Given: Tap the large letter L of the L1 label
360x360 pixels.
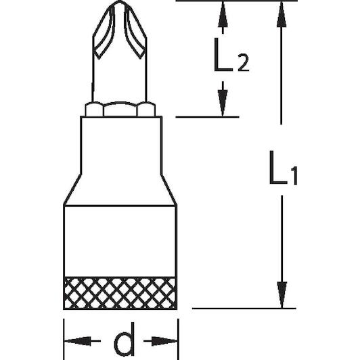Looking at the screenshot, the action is tap(278, 168).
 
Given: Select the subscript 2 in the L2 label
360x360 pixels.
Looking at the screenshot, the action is tap(244, 63).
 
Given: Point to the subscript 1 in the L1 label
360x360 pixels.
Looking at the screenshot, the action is tap(294, 176).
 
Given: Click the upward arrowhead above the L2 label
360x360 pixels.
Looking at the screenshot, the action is tap(223, 14).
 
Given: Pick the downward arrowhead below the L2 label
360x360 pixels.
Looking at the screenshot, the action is tap(223, 103).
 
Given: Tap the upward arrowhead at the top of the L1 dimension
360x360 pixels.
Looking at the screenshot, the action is tap(282, 14).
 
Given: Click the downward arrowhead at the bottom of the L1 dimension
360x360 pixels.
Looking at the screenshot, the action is tap(282, 295).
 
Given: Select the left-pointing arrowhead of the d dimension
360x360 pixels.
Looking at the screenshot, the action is tap(77, 341).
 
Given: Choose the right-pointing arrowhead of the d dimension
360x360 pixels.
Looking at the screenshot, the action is tap(164, 341).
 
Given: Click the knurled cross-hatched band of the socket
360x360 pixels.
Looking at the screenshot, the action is tap(120, 293).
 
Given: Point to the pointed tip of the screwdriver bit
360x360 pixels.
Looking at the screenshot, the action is tap(119, 1).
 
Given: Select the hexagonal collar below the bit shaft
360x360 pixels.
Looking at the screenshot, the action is tap(120, 110).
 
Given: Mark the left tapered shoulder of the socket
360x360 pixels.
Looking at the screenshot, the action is tap(72, 189).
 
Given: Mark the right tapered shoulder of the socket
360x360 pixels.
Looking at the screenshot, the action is tap(168, 189).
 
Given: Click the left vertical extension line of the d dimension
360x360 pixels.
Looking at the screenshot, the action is tap(64, 339).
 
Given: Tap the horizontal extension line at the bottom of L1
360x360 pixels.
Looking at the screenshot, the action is tap(244, 309).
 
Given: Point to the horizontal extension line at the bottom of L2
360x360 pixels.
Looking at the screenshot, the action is tap(207, 117).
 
